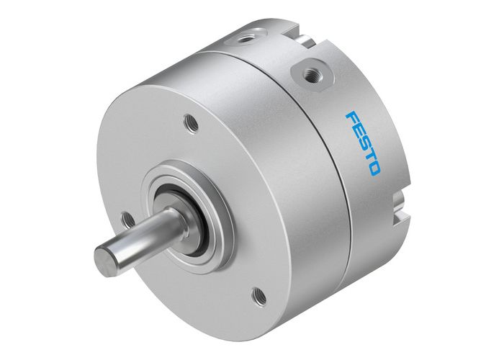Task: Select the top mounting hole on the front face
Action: click(x=192, y=124)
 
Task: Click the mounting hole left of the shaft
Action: click(x=127, y=218)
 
